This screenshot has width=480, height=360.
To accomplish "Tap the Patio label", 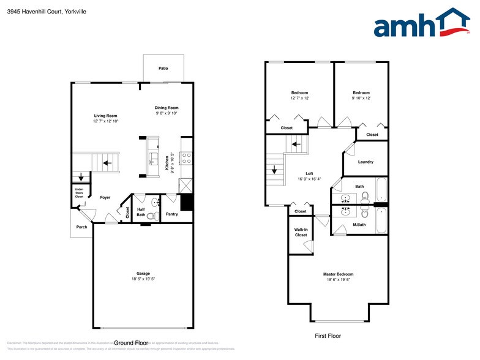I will tap(163, 69).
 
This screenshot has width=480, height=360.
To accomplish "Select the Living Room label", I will tap(105, 116).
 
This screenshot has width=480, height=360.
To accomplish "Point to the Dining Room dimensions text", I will tap(166, 113).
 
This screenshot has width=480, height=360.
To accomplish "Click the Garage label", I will tap(143, 274).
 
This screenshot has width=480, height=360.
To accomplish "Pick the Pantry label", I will tap(172, 214).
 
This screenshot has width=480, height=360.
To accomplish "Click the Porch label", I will tap(81, 227).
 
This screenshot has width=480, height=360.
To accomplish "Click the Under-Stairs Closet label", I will tap(79, 193).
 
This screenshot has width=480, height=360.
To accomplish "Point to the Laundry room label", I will tap(366, 162).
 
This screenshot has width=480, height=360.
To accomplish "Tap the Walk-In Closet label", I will tap(301, 232).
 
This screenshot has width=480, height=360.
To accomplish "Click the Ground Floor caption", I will tap(131, 342).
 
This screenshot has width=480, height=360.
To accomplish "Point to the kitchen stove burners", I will tap(187, 159).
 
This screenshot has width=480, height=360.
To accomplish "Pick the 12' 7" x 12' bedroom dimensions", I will tap(299, 98).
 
